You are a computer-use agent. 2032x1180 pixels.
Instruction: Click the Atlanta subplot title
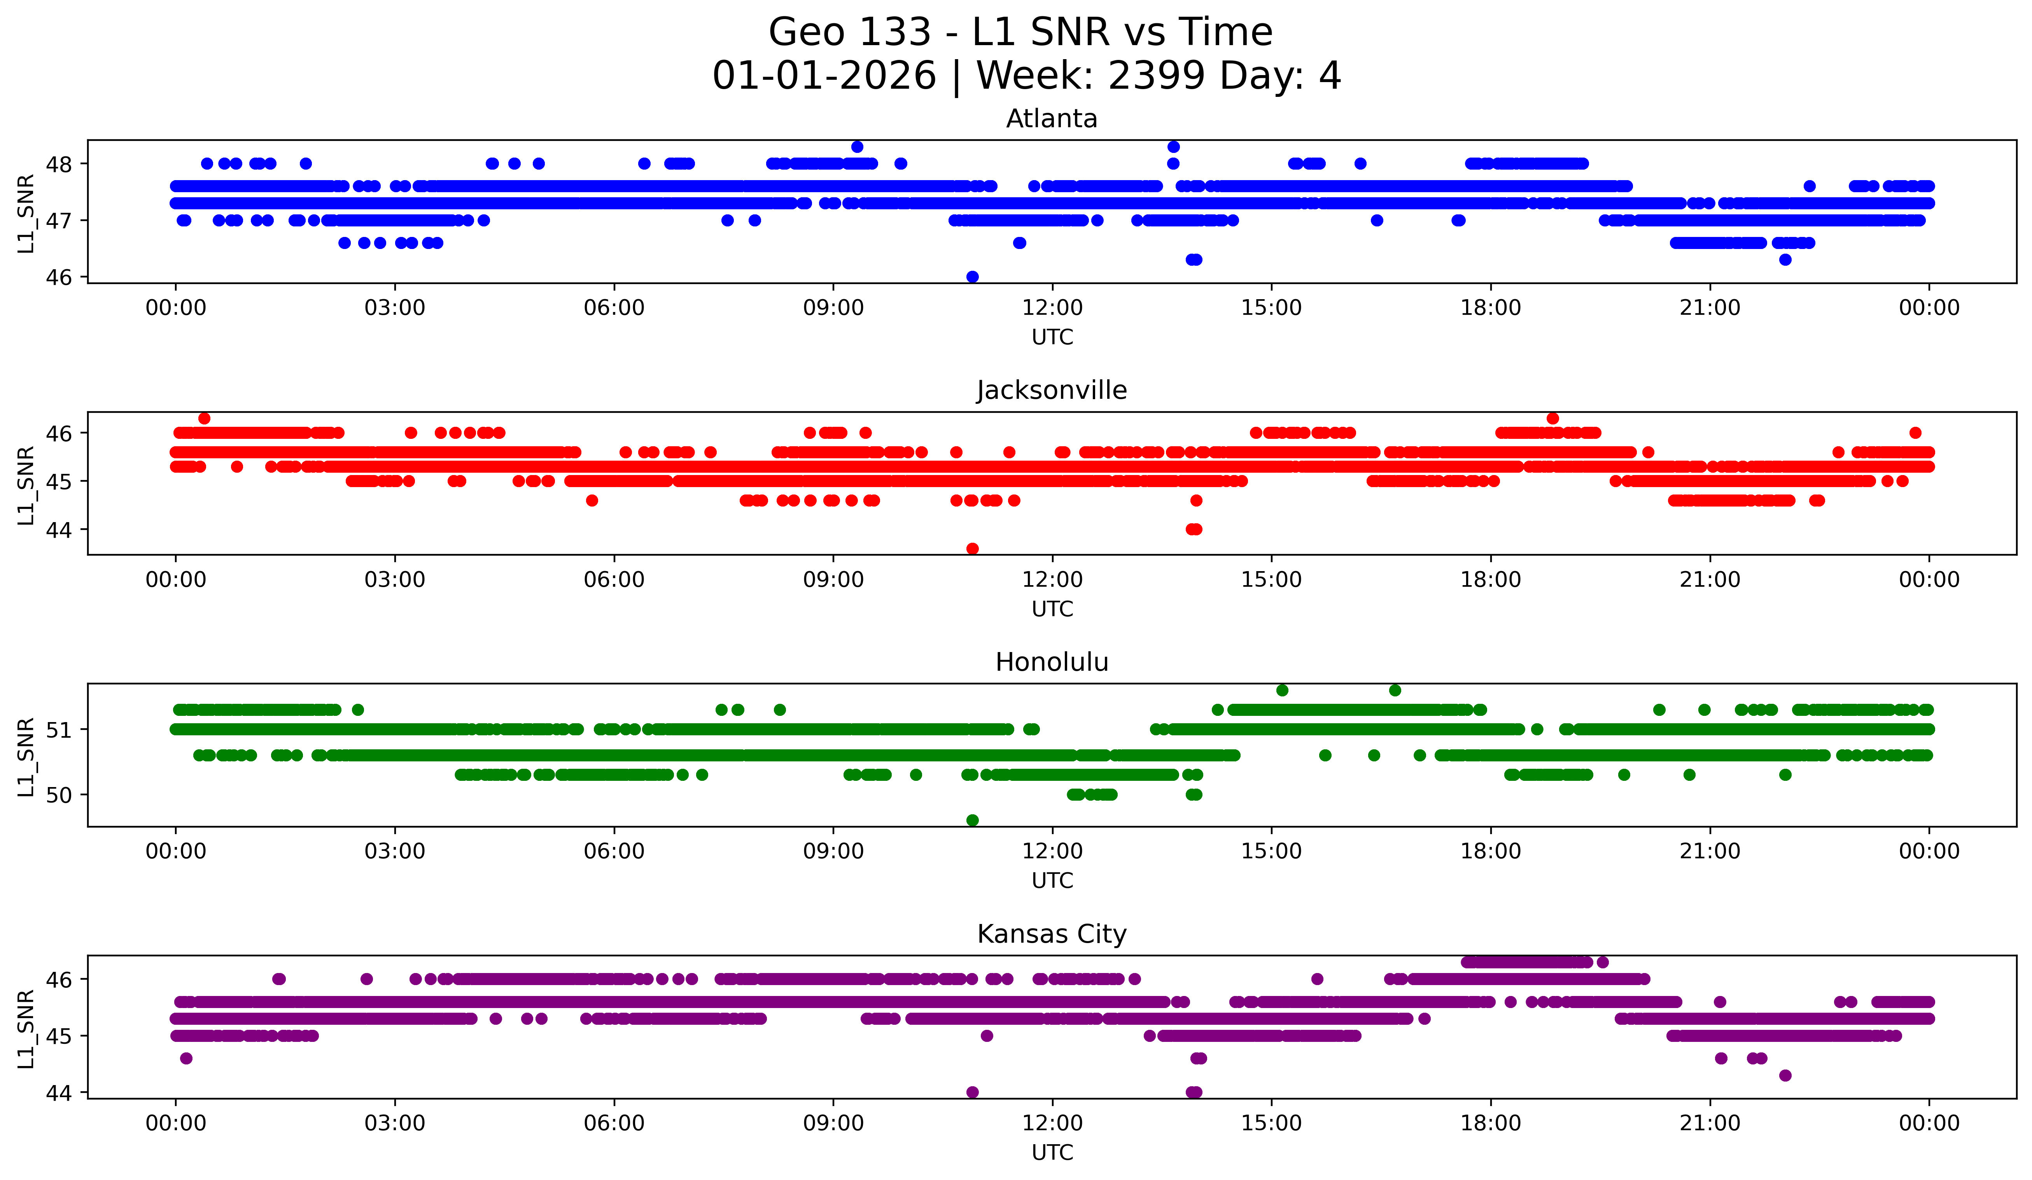pyautogui.click(x=1052, y=119)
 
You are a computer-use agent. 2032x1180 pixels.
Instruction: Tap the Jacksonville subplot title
pyautogui.click(x=1052, y=390)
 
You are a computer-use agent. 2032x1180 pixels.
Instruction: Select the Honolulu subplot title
pyautogui.click(x=1052, y=662)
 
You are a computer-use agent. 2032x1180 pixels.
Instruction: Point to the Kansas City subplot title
pyautogui.click(x=1052, y=934)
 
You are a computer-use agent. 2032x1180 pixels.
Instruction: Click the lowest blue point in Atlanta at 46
pyautogui.click(x=973, y=277)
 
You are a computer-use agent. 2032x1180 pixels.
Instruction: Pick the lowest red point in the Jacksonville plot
pyautogui.click(x=973, y=549)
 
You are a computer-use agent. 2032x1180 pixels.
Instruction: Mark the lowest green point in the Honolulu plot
pyautogui.click(x=973, y=820)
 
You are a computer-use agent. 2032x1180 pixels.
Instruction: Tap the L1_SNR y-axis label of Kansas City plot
pyautogui.click(x=26, y=1029)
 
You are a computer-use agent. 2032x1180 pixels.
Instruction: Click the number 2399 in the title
pyautogui.click(x=1156, y=76)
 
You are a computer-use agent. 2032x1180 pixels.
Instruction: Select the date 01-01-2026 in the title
pyautogui.click(x=824, y=76)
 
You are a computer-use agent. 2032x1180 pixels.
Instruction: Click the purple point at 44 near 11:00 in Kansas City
pyautogui.click(x=973, y=1092)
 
